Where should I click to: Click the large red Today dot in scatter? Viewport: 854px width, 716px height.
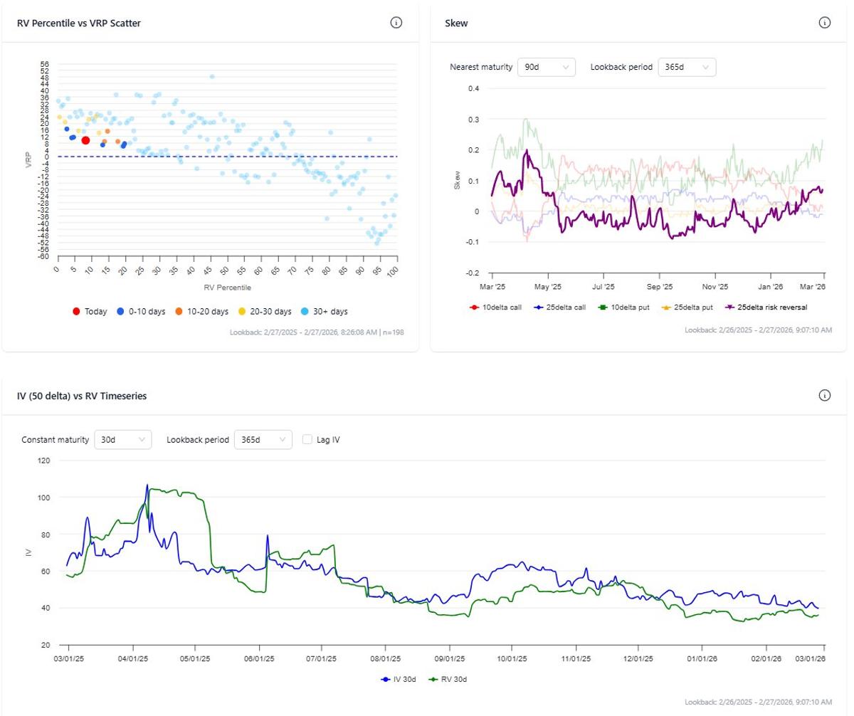point(85,140)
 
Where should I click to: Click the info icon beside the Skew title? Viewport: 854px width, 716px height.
point(825,23)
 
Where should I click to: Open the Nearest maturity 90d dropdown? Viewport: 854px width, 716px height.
point(546,67)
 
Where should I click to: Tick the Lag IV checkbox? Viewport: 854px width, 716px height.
point(308,440)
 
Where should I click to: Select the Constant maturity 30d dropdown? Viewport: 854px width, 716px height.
point(122,440)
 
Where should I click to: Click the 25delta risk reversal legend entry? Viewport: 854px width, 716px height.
point(767,307)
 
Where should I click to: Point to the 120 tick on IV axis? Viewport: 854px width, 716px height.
point(44,460)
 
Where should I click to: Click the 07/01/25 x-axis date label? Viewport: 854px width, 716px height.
point(321,659)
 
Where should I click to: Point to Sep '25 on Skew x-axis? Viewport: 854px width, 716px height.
point(659,287)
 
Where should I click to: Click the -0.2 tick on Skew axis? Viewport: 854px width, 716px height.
point(473,273)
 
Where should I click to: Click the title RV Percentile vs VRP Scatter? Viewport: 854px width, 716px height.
point(79,23)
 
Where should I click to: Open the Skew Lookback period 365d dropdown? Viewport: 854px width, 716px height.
point(687,67)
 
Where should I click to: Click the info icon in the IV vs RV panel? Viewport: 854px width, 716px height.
point(825,396)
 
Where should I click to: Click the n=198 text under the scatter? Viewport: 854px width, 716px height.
point(394,332)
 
